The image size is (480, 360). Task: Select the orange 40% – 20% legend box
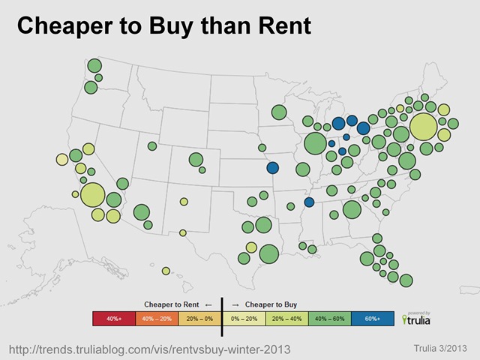point(156,319)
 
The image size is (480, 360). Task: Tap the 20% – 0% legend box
point(199,319)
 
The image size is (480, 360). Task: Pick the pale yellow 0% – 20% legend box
point(244,319)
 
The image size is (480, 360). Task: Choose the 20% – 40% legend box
point(287,319)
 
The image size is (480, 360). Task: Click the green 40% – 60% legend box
point(330,319)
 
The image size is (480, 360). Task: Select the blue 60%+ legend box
point(373,319)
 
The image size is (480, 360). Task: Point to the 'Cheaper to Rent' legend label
point(166,304)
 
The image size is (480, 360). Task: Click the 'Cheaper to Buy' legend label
point(270,304)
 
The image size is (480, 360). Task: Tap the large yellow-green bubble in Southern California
point(93,195)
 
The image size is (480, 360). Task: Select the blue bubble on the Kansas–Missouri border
point(272,168)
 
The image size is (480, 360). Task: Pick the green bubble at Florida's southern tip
point(406,280)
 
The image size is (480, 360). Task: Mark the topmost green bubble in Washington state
point(94,66)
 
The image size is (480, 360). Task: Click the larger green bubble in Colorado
point(196,159)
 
